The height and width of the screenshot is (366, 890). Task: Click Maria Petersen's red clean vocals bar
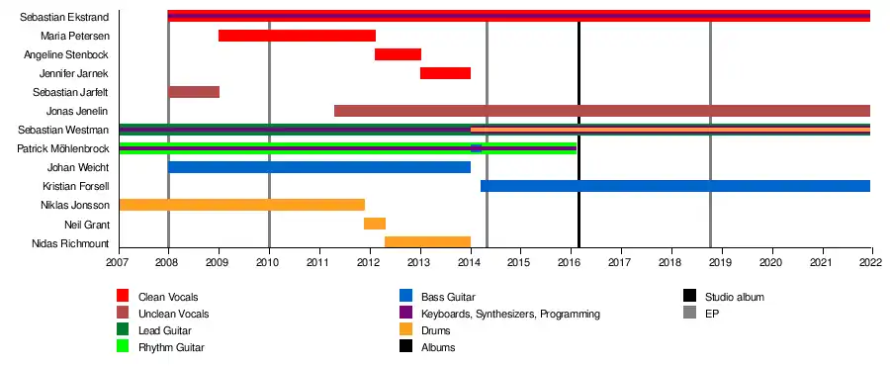[297, 36]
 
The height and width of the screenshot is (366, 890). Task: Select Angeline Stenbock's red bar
[398, 54]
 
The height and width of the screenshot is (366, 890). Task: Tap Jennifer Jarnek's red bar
[446, 73]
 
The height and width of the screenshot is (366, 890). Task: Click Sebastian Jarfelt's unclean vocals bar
[194, 92]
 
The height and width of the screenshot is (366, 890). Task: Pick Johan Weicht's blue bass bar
[319, 167]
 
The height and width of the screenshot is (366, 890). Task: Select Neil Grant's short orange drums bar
[375, 224]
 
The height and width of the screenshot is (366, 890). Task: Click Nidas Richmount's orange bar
[428, 242]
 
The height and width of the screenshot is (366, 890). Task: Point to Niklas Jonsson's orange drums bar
[242, 205]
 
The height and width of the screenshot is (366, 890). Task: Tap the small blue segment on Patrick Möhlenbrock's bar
[477, 148]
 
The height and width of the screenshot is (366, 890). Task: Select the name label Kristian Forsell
[76, 186]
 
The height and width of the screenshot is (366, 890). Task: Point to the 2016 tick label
[571, 262]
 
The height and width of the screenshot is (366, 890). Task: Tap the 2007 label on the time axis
[120, 262]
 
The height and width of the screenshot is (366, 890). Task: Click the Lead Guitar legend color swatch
[123, 330]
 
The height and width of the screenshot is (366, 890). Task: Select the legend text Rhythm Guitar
[171, 348]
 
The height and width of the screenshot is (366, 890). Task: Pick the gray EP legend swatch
[689, 314]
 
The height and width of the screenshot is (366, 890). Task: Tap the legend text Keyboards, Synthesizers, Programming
[510, 314]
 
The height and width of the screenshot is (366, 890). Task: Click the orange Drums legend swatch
[405, 330]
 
